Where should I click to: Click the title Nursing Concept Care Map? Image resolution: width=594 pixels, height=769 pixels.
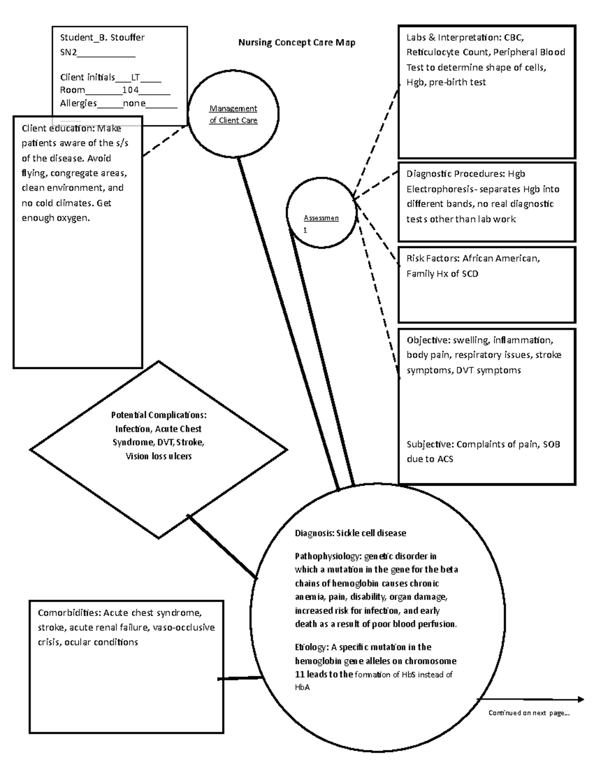[297, 43]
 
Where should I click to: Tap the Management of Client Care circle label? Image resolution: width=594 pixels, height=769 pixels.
[233, 114]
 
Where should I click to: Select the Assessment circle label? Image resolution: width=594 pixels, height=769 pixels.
[321, 223]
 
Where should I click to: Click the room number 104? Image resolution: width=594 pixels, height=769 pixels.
[130, 90]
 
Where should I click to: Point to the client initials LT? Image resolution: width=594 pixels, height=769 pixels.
[135, 77]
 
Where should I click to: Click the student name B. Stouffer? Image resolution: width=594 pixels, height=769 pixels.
[123, 37]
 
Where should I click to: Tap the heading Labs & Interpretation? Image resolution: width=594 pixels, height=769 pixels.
[452, 37]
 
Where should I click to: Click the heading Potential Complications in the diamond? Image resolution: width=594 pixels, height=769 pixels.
[158, 415]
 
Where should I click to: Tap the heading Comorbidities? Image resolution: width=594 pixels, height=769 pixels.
[69, 613]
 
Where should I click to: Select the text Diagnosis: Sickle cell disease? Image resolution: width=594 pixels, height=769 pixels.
[350, 533]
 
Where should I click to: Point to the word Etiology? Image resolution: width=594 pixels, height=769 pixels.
[310, 647]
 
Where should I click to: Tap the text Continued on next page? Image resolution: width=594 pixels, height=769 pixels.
[529, 713]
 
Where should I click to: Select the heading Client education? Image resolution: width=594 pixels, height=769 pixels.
[58, 129]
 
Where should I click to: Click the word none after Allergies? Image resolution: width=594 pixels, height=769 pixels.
[134, 103]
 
